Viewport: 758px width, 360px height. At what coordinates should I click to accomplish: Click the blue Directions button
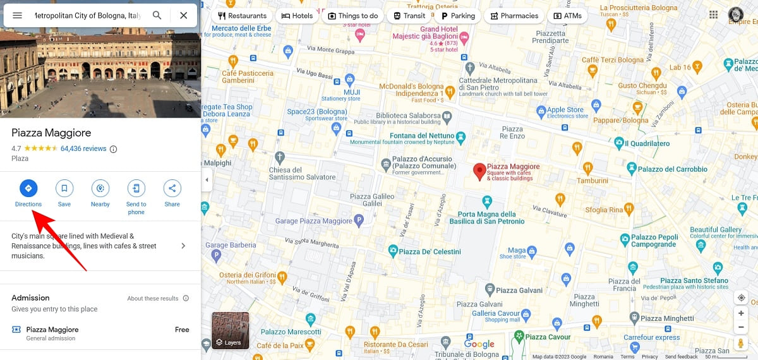click(28, 188)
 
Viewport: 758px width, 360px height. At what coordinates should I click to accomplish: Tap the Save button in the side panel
click(64, 188)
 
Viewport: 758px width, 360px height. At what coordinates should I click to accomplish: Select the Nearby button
click(100, 188)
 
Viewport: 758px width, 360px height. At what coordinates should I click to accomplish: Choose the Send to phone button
click(136, 188)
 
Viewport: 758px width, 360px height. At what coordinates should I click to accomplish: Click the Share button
click(172, 188)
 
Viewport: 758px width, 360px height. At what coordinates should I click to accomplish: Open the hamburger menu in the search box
click(18, 15)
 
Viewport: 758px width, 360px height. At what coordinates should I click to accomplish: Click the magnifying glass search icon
click(157, 15)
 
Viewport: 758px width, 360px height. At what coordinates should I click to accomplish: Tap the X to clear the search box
click(183, 15)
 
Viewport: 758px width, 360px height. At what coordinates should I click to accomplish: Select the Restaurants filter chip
click(242, 16)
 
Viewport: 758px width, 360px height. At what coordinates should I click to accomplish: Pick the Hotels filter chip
click(297, 16)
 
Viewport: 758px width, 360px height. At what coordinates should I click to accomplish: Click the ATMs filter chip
click(567, 16)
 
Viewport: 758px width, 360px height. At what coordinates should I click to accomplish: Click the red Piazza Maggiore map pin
click(479, 171)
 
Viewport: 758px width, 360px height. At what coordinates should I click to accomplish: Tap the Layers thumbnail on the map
click(230, 330)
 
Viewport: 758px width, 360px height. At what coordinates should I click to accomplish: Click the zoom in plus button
click(741, 313)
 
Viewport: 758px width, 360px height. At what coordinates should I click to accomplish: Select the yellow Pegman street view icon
click(741, 343)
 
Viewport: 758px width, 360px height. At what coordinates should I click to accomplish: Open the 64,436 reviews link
click(83, 149)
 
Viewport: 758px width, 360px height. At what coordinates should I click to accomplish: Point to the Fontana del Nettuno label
click(421, 136)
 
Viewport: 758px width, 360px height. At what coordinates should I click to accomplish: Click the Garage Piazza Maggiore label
click(314, 221)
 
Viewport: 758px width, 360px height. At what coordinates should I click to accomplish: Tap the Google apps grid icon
click(714, 15)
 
